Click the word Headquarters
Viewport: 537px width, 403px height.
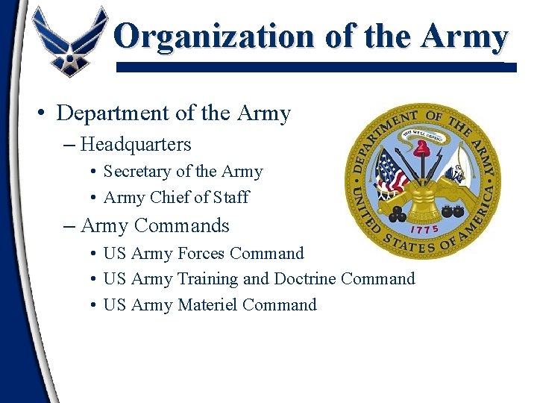(x=136, y=144)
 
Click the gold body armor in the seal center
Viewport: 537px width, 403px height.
(x=423, y=195)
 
